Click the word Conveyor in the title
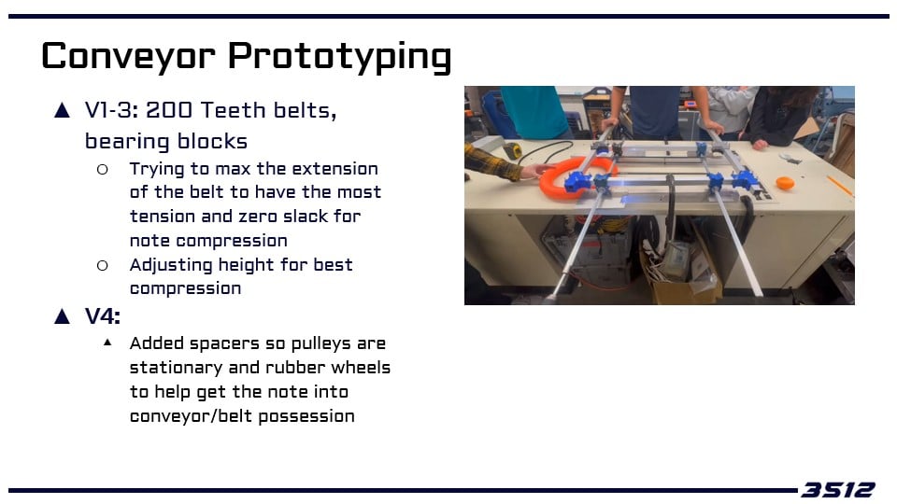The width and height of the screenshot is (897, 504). pyautogui.click(x=128, y=57)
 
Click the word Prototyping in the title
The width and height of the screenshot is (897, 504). pyautogui.click(x=340, y=57)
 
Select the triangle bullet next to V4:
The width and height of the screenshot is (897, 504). pyautogui.click(x=62, y=316)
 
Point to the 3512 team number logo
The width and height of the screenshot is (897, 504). pyautogui.click(x=838, y=490)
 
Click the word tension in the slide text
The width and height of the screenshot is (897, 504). pyautogui.click(x=163, y=217)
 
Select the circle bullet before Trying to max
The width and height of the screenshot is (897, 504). pyautogui.click(x=103, y=169)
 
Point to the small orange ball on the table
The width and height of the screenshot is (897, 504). pyautogui.click(x=785, y=184)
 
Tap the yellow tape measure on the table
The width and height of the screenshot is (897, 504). pyautogui.click(x=513, y=151)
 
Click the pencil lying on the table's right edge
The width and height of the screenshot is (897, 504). pyautogui.click(x=840, y=187)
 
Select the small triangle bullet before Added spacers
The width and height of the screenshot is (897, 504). pyautogui.click(x=107, y=343)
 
